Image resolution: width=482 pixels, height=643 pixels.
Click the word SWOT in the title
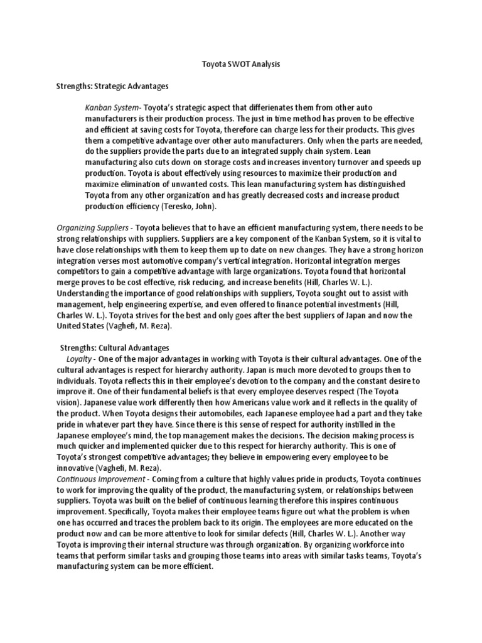click(239, 64)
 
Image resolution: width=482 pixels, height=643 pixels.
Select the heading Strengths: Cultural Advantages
click(114, 347)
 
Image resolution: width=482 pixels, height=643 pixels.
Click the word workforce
click(377, 544)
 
